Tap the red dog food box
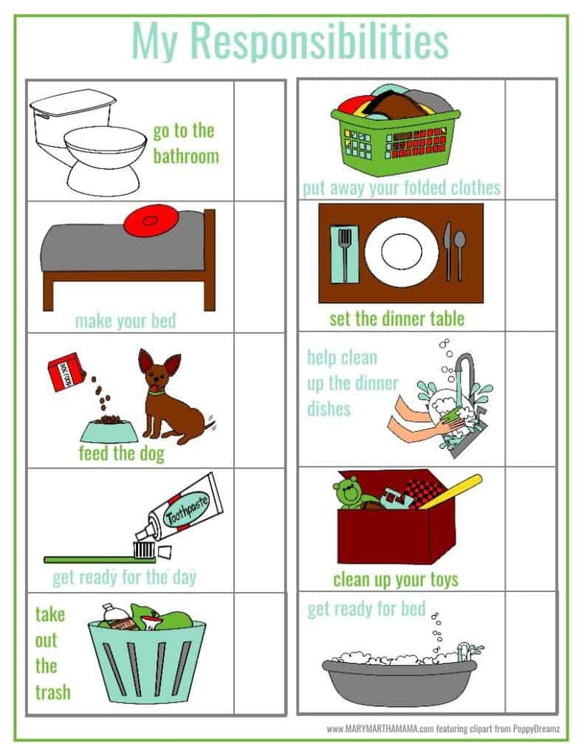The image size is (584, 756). coord(66,372)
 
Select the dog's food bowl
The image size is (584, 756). coord(109,430)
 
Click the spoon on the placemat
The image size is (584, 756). coord(460,255)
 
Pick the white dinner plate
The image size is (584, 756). coord(402,252)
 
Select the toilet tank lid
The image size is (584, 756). coord(73,102)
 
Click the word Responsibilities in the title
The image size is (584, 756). coord(319,41)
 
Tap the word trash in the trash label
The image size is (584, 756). coord(53,693)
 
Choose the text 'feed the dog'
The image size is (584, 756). coord(122,454)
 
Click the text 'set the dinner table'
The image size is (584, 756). coord(397,319)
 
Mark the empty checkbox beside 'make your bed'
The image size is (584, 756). coord(259,267)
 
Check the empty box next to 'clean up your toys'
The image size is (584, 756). coord(530,529)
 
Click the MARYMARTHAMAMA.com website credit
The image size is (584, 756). coord(380,729)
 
